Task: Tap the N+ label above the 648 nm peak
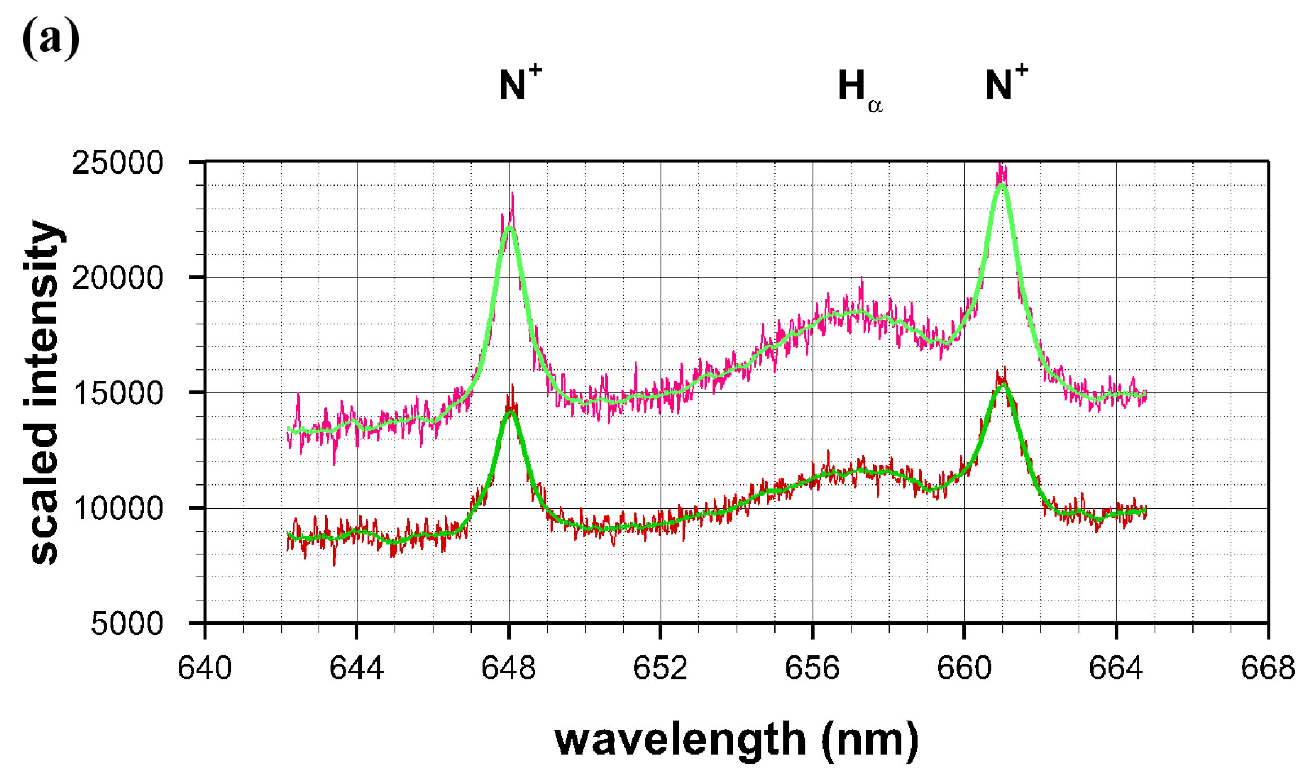click(520, 84)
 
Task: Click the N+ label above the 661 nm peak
click(1006, 84)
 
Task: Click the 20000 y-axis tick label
click(117, 277)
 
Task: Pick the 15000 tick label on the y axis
click(117, 393)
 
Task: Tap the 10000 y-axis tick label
click(117, 508)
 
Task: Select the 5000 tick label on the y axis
click(126, 624)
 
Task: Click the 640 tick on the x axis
click(205, 668)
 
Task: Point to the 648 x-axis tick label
click(508, 668)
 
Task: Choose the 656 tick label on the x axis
click(812, 668)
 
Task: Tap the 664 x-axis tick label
click(1116, 668)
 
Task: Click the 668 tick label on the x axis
click(1268, 668)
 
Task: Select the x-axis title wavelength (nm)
click(736, 739)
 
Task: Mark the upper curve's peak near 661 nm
click(1002, 183)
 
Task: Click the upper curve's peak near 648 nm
click(509, 227)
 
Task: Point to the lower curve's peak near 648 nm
click(511, 411)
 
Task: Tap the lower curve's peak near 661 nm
click(1003, 384)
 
